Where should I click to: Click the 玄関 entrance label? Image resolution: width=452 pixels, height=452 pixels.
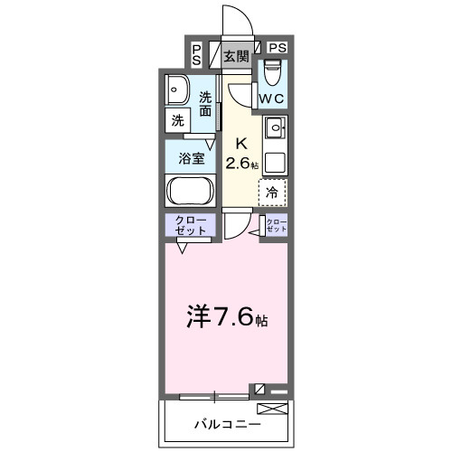pyautogui.click(x=236, y=56)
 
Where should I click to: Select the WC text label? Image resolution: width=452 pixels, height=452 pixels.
pyautogui.click(x=272, y=99)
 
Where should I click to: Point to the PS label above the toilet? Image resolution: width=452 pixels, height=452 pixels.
pyautogui.click(x=277, y=48)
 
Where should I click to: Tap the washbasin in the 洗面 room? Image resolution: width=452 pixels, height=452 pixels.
pyautogui.click(x=176, y=89)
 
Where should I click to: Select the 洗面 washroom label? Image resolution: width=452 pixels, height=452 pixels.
pyautogui.click(x=206, y=104)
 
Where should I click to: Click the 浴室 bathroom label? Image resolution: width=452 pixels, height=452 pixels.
pyautogui.click(x=190, y=155)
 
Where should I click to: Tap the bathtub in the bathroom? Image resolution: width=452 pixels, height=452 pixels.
pyautogui.click(x=189, y=191)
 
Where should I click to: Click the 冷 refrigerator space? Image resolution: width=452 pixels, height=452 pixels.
pyautogui.click(x=272, y=191)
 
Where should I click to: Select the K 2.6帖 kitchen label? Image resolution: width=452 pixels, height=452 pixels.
pyautogui.click(x=241, y=154)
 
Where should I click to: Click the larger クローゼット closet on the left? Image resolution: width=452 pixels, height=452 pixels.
pyautogui.click(x=190, y=226)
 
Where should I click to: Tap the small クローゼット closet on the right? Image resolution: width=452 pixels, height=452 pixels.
pyautogui.click(x=275, y=226)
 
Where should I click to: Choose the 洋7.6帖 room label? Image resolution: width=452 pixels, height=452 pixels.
pyautogui.click(x=226, y=317)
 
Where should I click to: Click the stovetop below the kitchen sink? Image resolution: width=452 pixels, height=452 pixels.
pyautogui.click(x=275, y=163)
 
